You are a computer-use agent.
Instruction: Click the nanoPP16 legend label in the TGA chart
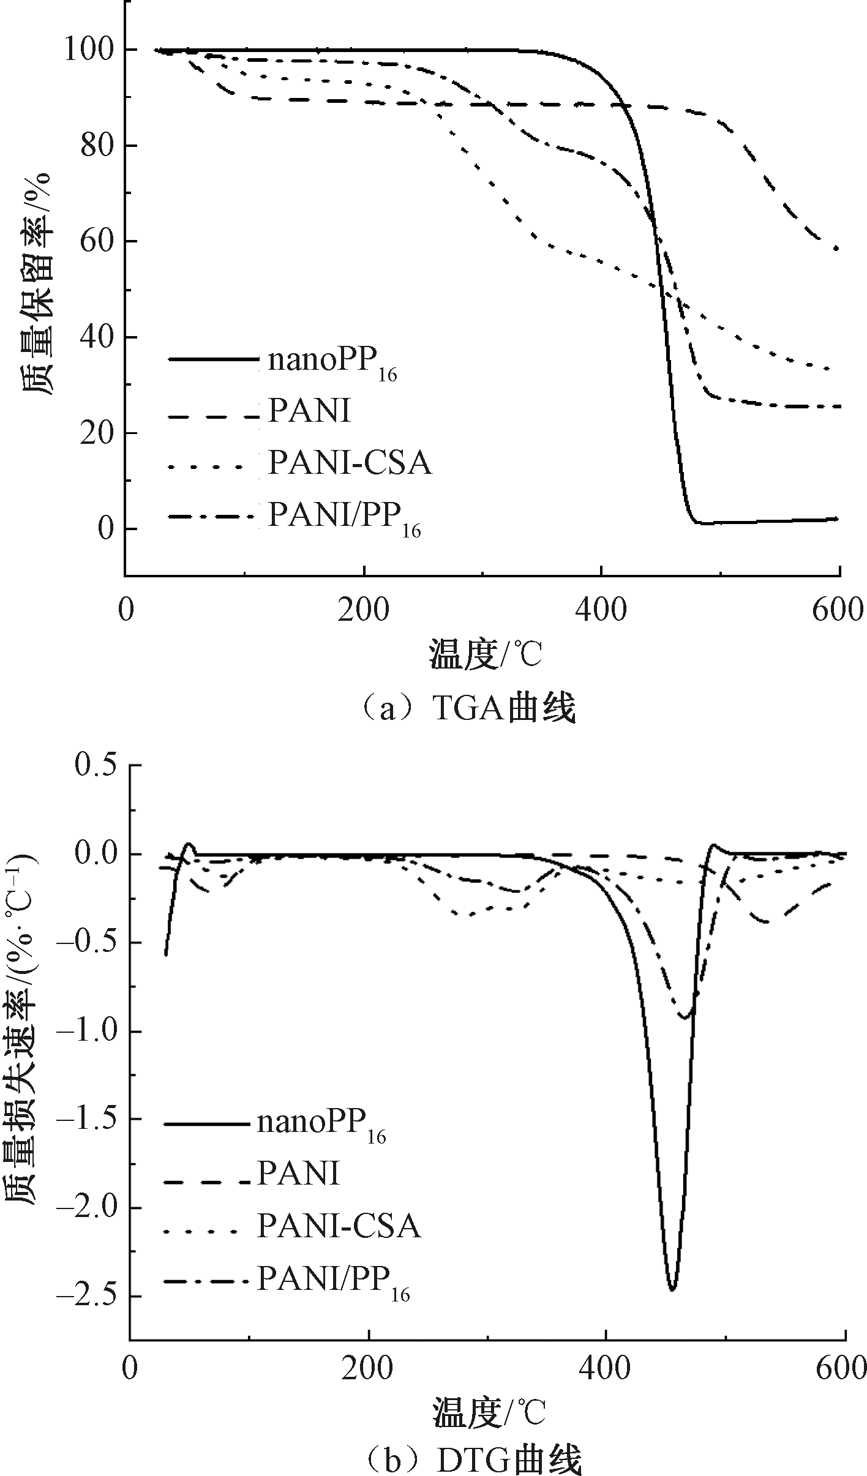[332, 363]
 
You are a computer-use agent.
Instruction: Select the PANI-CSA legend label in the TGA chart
[350, 463]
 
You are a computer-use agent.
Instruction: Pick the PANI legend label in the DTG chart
[298, 1174]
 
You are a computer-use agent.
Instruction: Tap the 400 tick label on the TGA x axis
[602, 610]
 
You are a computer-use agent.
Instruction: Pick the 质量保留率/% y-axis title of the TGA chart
[37, 285]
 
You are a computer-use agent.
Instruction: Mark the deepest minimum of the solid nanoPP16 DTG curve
[672, 1289]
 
